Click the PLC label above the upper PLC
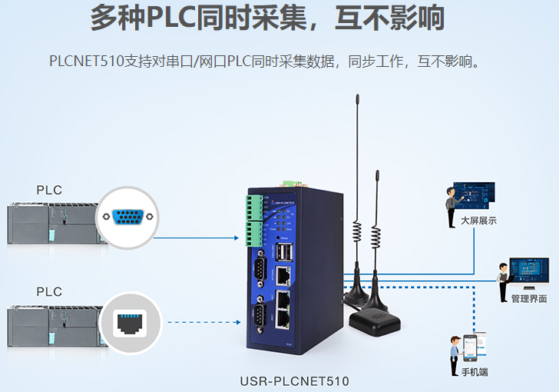point(49,190)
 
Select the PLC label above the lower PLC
point(49,292)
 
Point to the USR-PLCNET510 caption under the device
point(295,380)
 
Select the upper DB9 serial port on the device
point(260,268)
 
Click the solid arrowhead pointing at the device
point(237,238)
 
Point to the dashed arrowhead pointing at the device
point(237,323)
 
